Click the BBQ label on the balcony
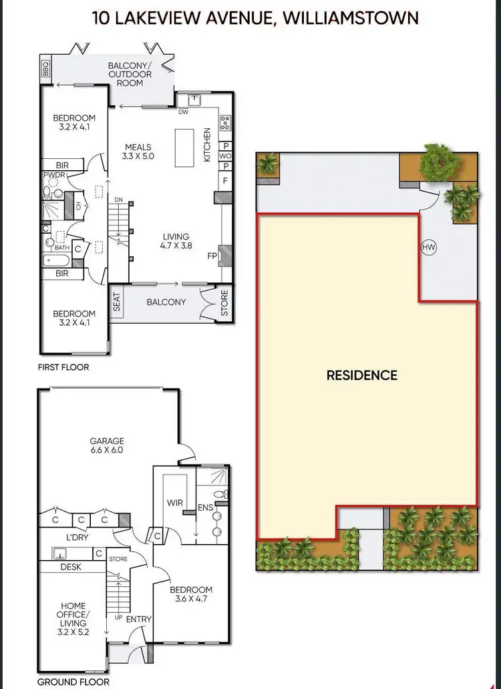[x=46, y=69]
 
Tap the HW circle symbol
[x=429, y=248]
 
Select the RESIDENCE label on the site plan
[x=361, y=375]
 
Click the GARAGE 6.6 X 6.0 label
[x=108, y=445]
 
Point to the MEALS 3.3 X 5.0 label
[x=138, y=152]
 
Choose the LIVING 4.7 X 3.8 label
[x=176, y=240]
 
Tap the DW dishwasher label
[x=183, y=112]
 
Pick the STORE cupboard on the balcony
[x=224, y=302]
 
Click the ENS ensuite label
[x=205, y=508]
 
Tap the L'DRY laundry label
[x=77, y=537]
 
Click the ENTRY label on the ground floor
[x=139, y=619]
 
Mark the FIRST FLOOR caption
[x=63, y=367]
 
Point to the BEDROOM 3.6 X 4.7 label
[x=191, y=594]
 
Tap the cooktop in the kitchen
[x=225, y=124]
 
